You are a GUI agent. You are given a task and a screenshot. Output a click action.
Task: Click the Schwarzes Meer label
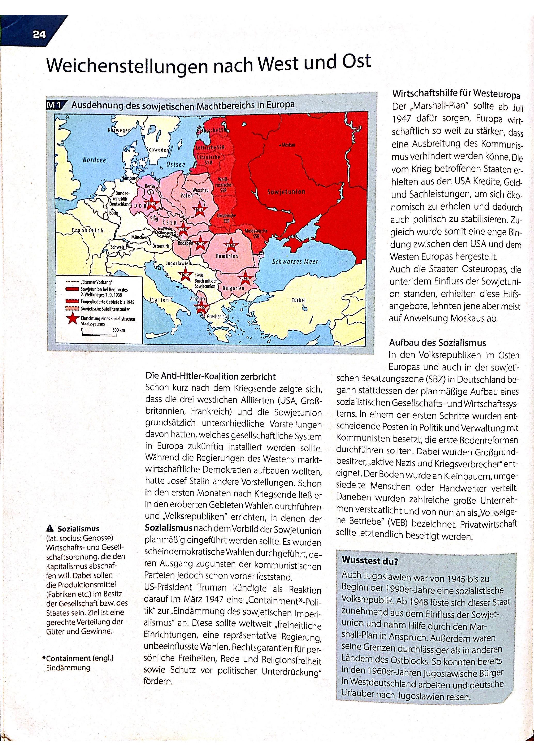[295, 262]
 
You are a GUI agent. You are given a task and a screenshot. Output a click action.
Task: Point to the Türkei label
[298, 300]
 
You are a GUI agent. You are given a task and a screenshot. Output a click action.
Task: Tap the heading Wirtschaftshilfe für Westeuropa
[456, 95]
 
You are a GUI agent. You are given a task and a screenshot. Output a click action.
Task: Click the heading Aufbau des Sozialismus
[437, 343]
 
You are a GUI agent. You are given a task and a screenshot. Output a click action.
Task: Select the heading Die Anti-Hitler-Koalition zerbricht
[211, 376]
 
